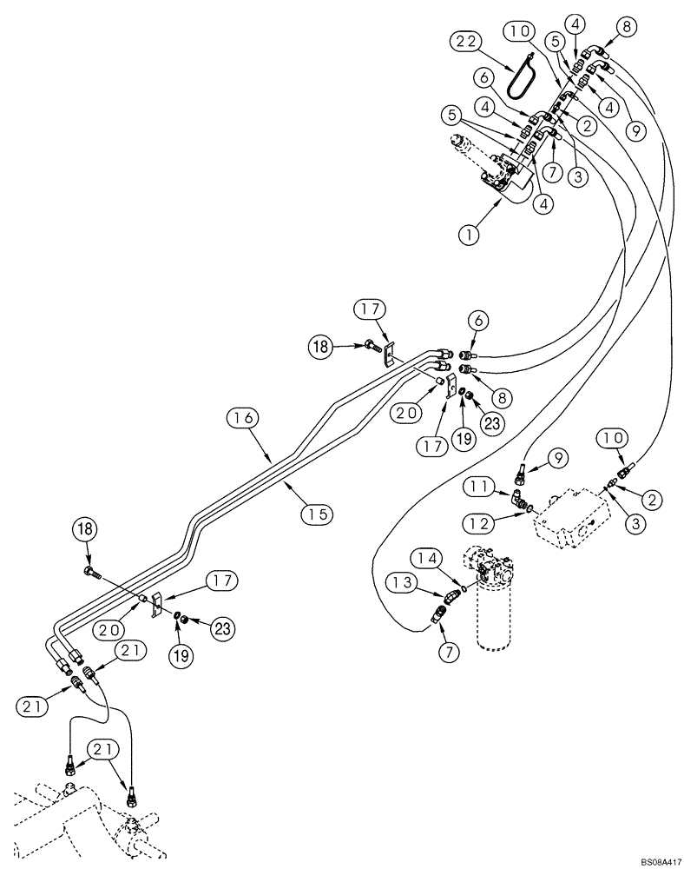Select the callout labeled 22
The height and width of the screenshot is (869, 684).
click(464, 41)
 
